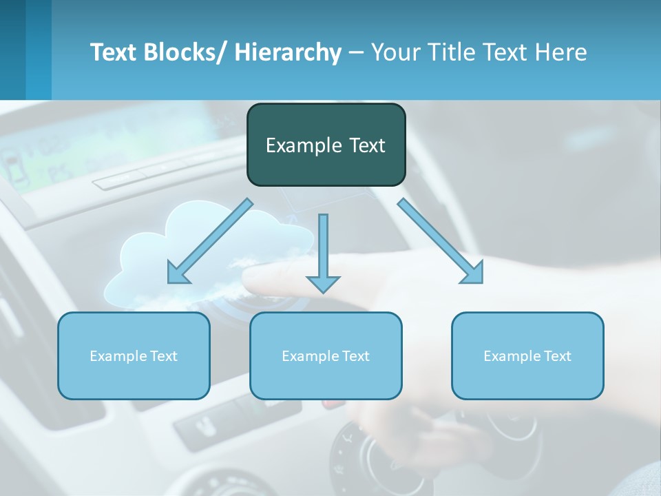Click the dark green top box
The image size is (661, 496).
[326, 145]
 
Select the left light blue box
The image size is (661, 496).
[134, 355]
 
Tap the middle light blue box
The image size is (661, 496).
[326, 355]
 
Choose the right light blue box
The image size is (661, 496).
[527, 355]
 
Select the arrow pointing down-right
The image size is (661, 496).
[441, 241]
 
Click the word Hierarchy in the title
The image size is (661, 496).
[288, 52]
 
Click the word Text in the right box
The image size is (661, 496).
[556, 356]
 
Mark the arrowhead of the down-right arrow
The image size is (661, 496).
[474, 275]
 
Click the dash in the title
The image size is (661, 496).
[356, 52]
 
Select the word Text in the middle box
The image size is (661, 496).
[355, 356]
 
